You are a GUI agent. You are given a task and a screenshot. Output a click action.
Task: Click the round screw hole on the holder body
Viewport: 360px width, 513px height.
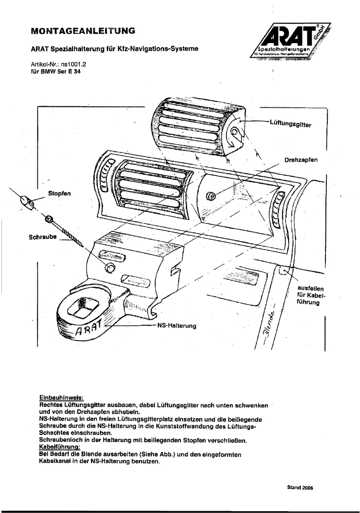[x=109, y=268]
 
